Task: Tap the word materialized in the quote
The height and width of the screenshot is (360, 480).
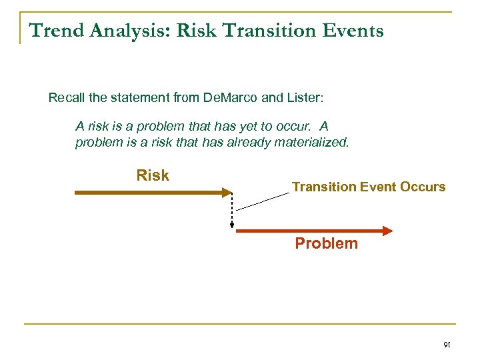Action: click(314, 142)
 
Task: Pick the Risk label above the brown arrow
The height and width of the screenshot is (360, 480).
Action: click(153, 176)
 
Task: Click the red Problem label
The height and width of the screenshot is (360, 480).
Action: click(326, 243)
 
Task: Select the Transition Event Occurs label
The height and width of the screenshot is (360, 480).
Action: click(369, 187)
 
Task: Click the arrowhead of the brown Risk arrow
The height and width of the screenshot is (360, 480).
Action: click(225, 193)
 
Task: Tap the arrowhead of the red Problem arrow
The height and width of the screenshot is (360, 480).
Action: click(387, 231)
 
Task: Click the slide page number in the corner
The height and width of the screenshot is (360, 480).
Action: click(447, 345)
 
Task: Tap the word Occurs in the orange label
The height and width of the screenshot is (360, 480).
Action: click(423, 187)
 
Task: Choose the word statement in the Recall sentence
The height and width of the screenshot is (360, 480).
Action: click(128, 98)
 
